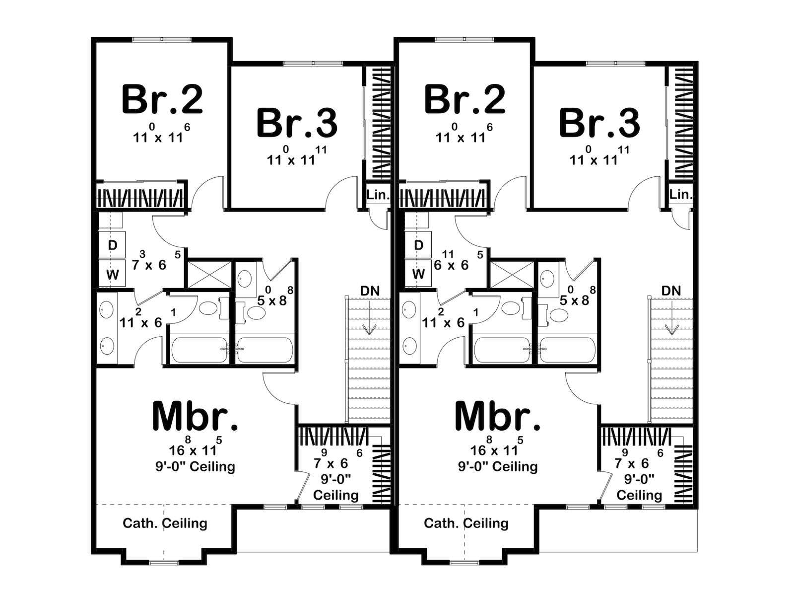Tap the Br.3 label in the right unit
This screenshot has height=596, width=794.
coord(599,123)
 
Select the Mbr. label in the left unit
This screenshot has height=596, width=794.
coord(196,416)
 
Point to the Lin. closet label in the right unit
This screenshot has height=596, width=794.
coord(681,195)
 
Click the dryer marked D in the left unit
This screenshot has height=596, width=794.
coord(113,245)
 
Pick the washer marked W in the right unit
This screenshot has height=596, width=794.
coord(418,274)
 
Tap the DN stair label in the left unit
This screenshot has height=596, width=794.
coord(370,291)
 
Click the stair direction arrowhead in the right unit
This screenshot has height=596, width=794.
coord(671,330)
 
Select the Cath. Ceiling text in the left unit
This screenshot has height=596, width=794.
coord(165,523)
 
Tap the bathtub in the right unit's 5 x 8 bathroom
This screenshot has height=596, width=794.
coord(567,350)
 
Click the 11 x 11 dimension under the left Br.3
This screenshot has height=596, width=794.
coord(297,156)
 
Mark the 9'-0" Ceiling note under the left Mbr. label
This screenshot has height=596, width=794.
coord(195,466)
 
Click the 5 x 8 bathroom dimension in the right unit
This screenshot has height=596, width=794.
coord(577,296)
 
